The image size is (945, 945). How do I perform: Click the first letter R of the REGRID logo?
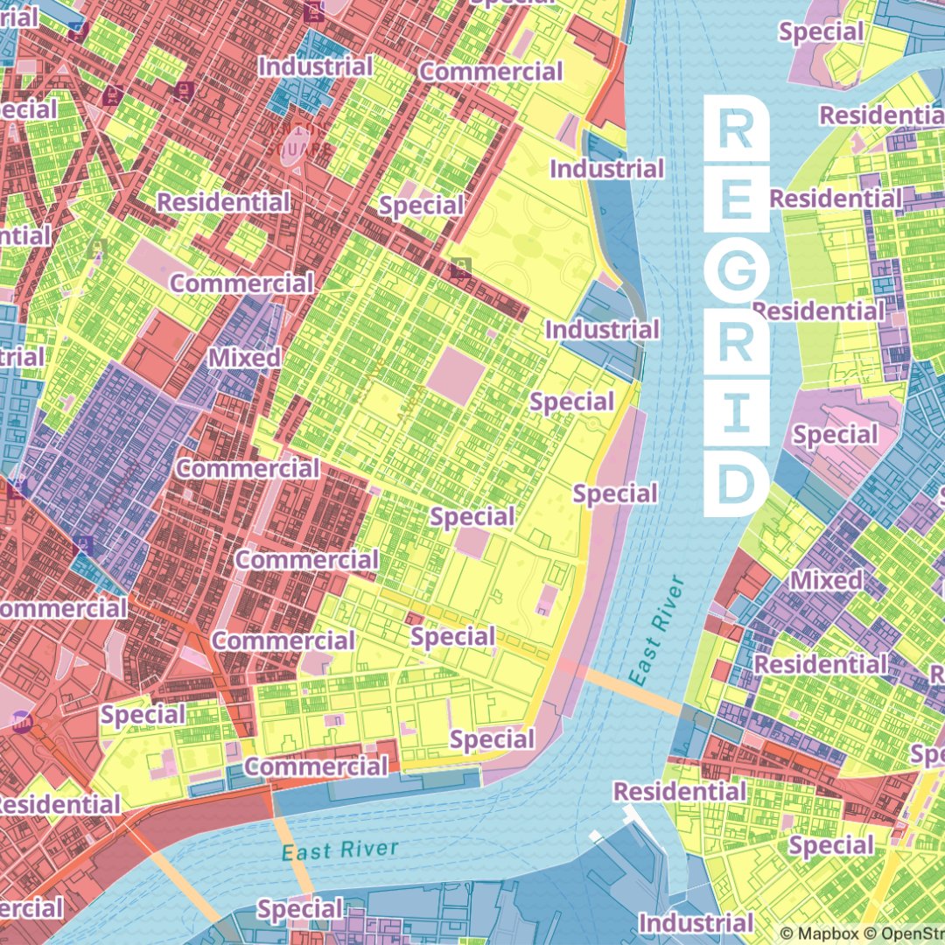point(736,129)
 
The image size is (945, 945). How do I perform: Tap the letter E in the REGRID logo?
point(736,201)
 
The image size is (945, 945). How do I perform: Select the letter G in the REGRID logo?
point(736,274)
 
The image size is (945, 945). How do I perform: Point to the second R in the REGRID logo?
point(736,346)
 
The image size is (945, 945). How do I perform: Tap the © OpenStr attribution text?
point(900,934)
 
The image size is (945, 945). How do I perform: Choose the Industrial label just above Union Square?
point(316,66)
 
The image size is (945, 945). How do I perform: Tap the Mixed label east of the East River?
point(826,580)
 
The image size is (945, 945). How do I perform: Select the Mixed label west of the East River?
point(244,358)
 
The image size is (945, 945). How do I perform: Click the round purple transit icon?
point(21,722)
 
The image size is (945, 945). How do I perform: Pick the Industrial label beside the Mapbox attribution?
point(696,922)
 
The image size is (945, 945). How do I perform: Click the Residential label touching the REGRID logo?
point(835,199)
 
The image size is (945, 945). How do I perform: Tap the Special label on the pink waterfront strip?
point(615,494)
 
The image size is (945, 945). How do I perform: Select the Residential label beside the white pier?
point(679,792)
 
